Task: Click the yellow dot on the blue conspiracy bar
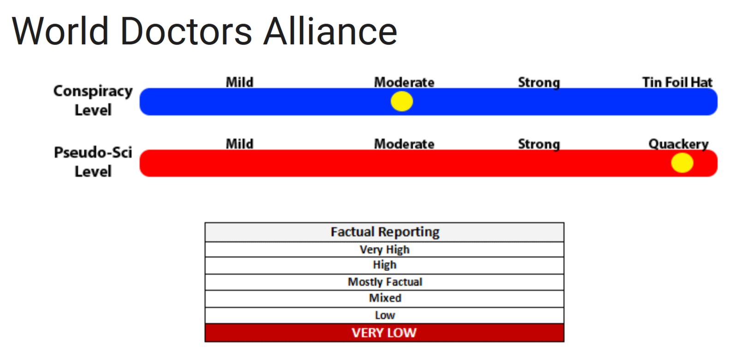(402, 101)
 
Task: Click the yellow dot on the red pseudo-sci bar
(682, 163)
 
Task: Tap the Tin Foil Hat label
(677, 82)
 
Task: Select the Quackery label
(678, 144)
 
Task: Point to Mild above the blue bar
(239, 82)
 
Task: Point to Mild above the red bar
(239, 144)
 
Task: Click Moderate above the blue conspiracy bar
(404, 82)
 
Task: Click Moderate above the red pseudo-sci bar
(404, 144)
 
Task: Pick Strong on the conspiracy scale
(539, 83)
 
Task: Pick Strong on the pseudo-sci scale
(539, 144)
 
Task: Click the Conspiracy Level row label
(93, 100)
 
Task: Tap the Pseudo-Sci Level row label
(93, 162)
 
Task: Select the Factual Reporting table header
(385, 232)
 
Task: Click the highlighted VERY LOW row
(385, 333)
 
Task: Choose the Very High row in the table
(385, 250)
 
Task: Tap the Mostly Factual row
(385, 282)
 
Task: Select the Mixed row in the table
(385, 298)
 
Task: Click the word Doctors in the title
(186, 31)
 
